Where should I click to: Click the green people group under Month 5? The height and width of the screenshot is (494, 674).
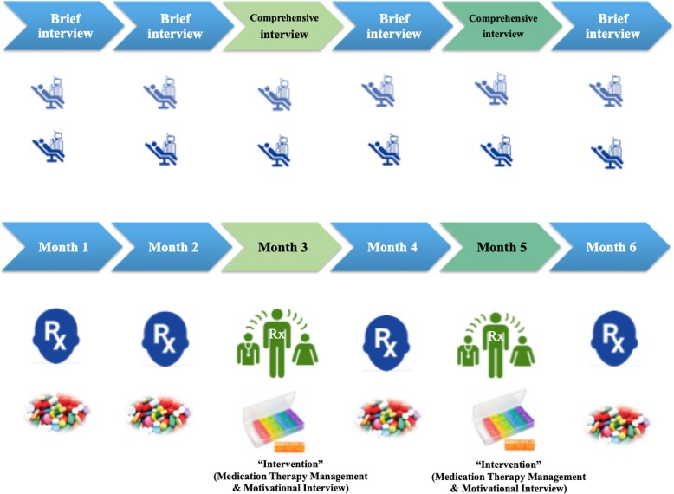pyautogui.click(x=496, y=334)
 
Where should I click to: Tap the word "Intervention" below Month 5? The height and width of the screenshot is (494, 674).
pyautogui.click(x=496, y=452)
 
